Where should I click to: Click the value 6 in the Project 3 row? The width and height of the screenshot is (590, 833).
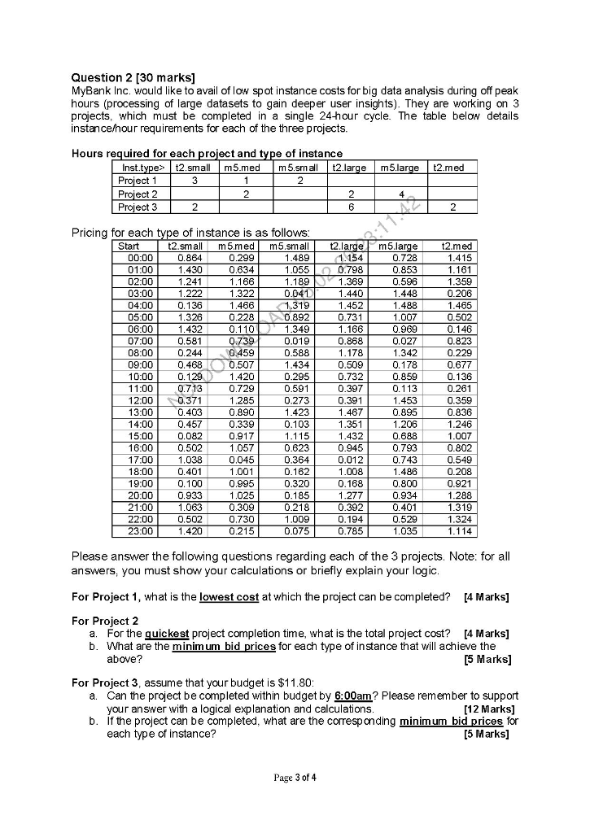[x=351, y=207]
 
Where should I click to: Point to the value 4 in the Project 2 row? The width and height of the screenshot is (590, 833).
[x=400, y=194]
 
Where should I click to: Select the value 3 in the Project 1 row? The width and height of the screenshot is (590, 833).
[x=194, y=181]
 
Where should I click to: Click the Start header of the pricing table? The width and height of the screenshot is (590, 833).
[x=129, y=246]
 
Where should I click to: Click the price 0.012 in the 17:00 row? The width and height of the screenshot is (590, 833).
[x=350, y=460]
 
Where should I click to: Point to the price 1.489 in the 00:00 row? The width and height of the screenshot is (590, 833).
[x=296, y=258]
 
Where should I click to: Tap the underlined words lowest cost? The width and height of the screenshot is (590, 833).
[x=229, y=597]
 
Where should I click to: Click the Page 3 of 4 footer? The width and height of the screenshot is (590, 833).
[x=295, y=778]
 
